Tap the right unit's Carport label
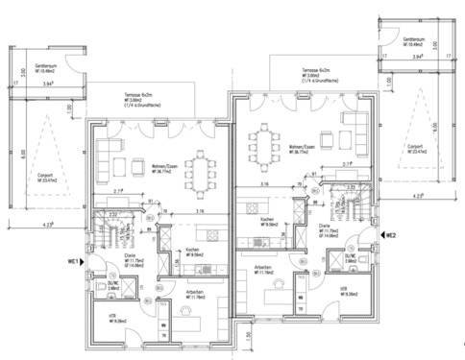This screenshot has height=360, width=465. pos(419,149)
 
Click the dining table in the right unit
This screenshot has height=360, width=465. pos(265,144)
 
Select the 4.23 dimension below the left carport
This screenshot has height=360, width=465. pos(21,225)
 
